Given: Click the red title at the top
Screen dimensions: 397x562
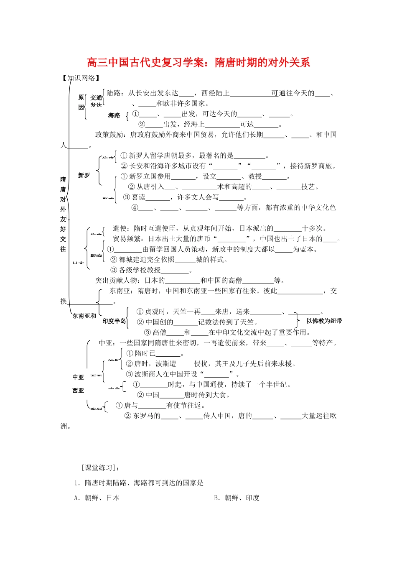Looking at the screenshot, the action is (198, 63).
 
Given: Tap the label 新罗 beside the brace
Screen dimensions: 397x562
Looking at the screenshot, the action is (84, 176).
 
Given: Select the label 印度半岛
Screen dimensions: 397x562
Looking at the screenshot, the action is (114, 321).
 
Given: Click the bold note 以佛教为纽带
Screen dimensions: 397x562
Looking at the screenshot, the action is (324, 321).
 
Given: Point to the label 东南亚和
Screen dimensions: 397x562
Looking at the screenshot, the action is (84, 316).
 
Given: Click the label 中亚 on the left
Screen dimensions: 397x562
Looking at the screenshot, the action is (78, 377).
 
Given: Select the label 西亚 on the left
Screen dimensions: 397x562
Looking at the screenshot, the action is (78, 391).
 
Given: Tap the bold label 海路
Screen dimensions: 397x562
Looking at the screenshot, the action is (114, 115).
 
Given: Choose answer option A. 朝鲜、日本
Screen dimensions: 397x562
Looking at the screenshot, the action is (97, 498).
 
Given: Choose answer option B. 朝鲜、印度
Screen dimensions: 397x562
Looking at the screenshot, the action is (237, 498).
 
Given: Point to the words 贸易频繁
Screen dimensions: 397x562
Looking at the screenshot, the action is (127, 239).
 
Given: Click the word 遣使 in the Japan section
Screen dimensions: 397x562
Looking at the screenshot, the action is (119, 228).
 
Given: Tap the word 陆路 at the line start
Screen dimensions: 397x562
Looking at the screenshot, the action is (114, 93).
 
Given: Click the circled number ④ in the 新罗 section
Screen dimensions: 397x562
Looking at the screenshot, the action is (135, 207).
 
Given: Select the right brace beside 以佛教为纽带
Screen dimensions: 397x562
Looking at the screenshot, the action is (298, 321).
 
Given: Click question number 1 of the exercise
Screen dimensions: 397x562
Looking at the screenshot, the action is (76, 483).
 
